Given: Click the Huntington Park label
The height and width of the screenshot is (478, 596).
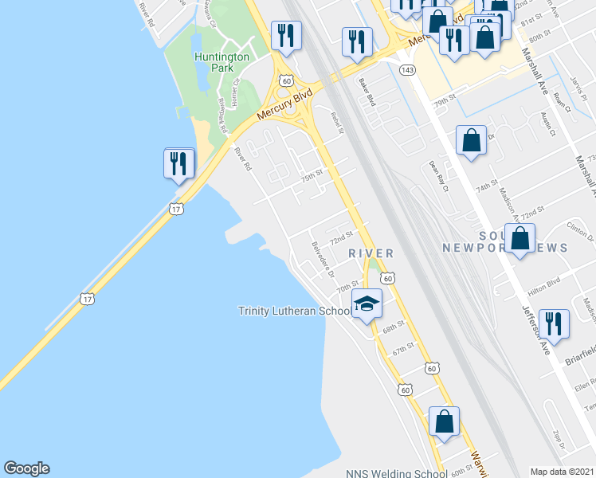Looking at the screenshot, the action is pyautogui.click(x=222, y=63).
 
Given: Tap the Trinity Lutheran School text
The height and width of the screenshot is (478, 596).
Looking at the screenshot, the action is pyautogui.click(x=295, y=311).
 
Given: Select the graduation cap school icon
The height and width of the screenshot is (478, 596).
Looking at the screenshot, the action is pyautogui.click(x=367, y=304).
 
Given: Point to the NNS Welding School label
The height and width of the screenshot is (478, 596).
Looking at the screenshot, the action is pyautogui.click(x=397, y=472).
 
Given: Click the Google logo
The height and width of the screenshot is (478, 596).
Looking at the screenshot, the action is pyautogui.click(x=26, y=468).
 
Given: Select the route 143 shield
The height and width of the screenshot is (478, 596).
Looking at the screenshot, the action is pyautogui.click(x=407, y=70).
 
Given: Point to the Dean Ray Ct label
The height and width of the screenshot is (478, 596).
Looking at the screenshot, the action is pyautogui.click(x=439, y=176).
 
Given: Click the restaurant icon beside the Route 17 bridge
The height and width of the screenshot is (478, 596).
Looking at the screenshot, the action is pyautogui.click(x=178, y=164).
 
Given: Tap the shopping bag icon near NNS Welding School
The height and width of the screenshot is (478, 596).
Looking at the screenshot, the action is pyautogui.click(x=444, y=421).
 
